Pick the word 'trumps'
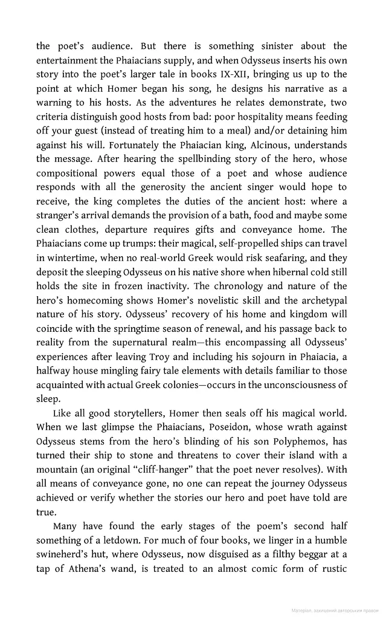140,243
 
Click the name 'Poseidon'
204,427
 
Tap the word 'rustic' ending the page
332,568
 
